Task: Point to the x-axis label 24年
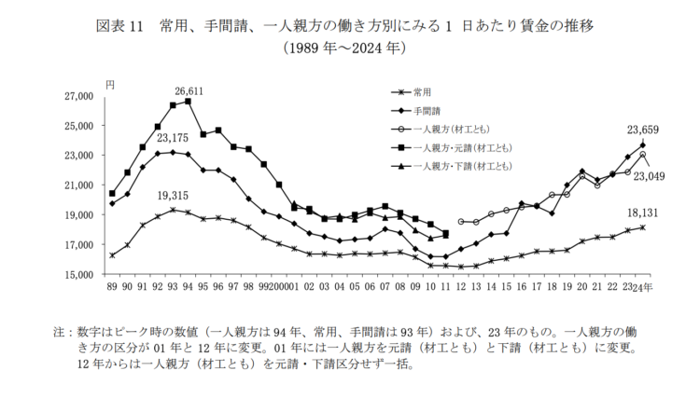pos(644,287)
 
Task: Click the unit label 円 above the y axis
pos(108,84)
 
